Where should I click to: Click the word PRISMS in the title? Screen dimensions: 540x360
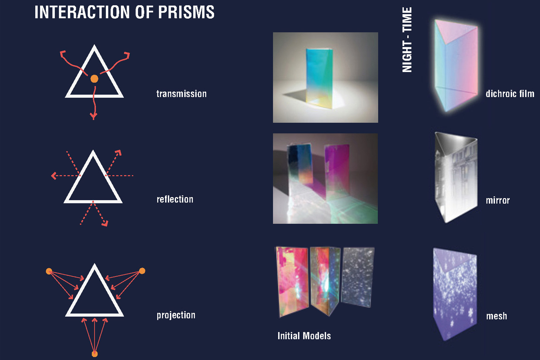(x=186, y=12)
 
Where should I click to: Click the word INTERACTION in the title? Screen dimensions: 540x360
(x=82, y=12)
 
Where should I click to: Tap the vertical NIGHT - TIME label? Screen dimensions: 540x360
(x=407, y=39)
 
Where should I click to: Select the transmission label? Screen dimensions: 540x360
(x=181, y=94)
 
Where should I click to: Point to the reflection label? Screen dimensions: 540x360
(x=175, y=199)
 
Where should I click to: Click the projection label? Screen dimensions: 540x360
(x=176, y=315)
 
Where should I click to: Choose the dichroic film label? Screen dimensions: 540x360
(x=510, y=94)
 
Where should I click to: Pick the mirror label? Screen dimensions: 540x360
(x=497, y=200)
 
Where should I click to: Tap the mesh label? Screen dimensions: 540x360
(x=496, y=316)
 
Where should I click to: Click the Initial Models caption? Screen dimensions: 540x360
(x=304, y=336)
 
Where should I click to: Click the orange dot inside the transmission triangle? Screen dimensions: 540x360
(x=94, y=79)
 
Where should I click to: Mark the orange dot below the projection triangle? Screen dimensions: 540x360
(x=95, y=354)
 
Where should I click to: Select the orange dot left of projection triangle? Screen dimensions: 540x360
(x=49, y=271)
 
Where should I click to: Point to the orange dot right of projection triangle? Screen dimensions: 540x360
(x=142, y=271)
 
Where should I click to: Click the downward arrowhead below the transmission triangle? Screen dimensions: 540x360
(x=94, y=116)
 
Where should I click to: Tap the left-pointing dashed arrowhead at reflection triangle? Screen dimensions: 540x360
(x=54, y=176)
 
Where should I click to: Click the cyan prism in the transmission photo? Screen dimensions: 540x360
(x=319, y=78)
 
